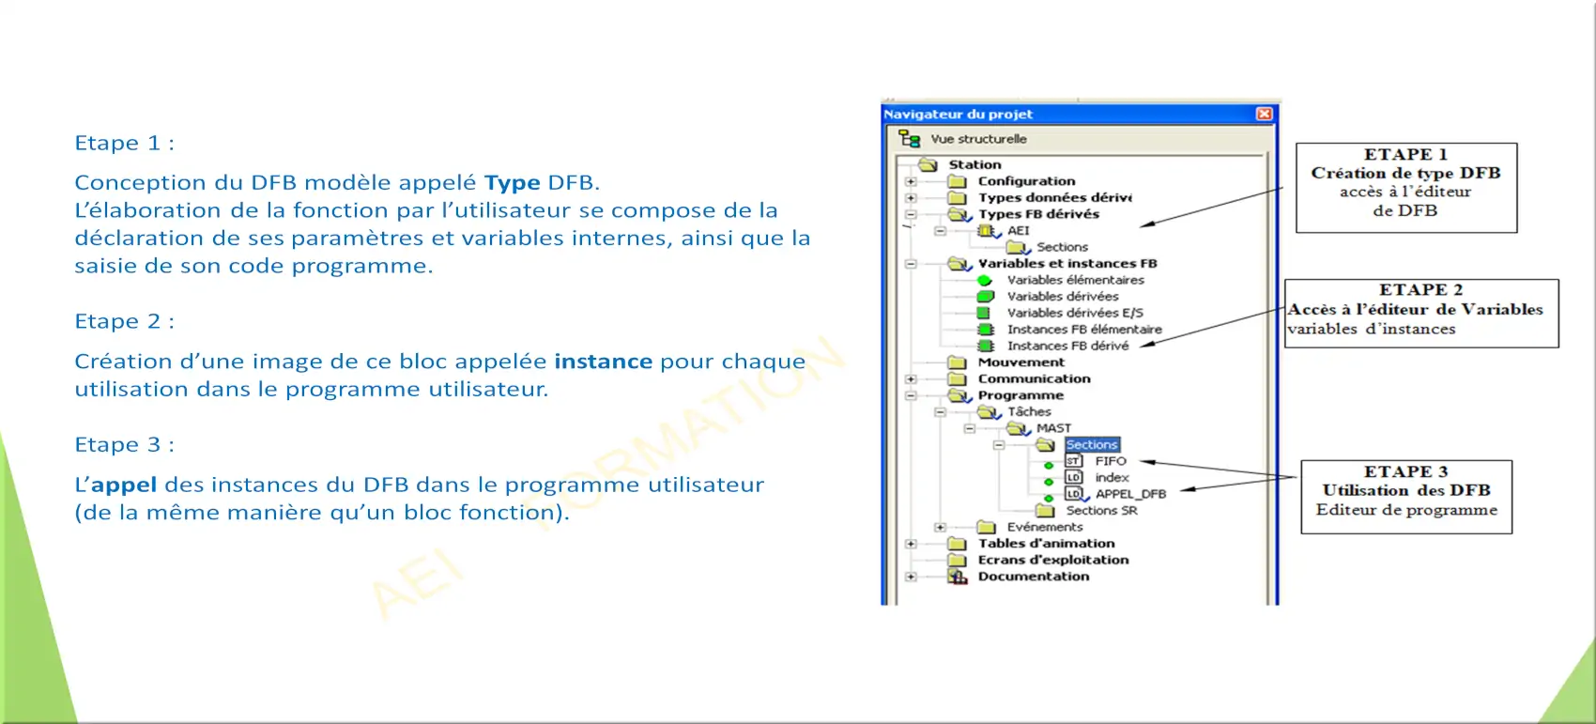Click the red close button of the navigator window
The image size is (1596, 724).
pos(1264,114)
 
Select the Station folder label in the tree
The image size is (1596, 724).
pos(974,164)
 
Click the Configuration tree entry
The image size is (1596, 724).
pos(1026,181)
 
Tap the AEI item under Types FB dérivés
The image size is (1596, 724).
pos(1019,230)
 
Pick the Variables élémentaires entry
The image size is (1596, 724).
pos(1075,280)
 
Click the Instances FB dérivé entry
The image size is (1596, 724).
pos(1067,346)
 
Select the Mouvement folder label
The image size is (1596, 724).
pos(1021,362)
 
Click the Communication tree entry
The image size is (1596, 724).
pos(1034,378)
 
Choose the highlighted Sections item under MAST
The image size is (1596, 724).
pos(1092,445)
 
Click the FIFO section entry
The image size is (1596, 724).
pos(1110,461)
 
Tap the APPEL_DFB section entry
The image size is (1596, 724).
pos(1130,494)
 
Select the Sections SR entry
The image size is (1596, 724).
pos(1101,510)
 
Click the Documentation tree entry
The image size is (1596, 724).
pos(1033,577)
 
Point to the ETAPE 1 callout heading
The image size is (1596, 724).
pos(1405,155)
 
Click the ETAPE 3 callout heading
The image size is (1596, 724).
pos(1405,471)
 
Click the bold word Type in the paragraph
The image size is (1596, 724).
pos(512,183)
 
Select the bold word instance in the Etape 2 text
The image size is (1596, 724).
pos(603,362)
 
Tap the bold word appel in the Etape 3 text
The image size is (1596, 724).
pos(124,485)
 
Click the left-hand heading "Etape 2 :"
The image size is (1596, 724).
pos(125,320)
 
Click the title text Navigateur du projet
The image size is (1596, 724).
pos(958,114)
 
